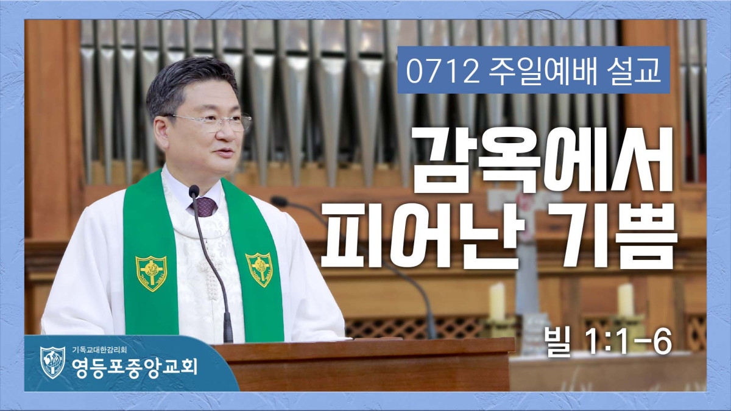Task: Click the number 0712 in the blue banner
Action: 442,71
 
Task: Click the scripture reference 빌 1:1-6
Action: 609,342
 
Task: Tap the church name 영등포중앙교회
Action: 135,367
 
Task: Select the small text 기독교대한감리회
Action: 99,350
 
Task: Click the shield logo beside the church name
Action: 52,362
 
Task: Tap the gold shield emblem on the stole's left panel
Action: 151,273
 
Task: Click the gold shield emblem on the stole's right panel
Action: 260,269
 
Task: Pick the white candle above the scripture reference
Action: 625,300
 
